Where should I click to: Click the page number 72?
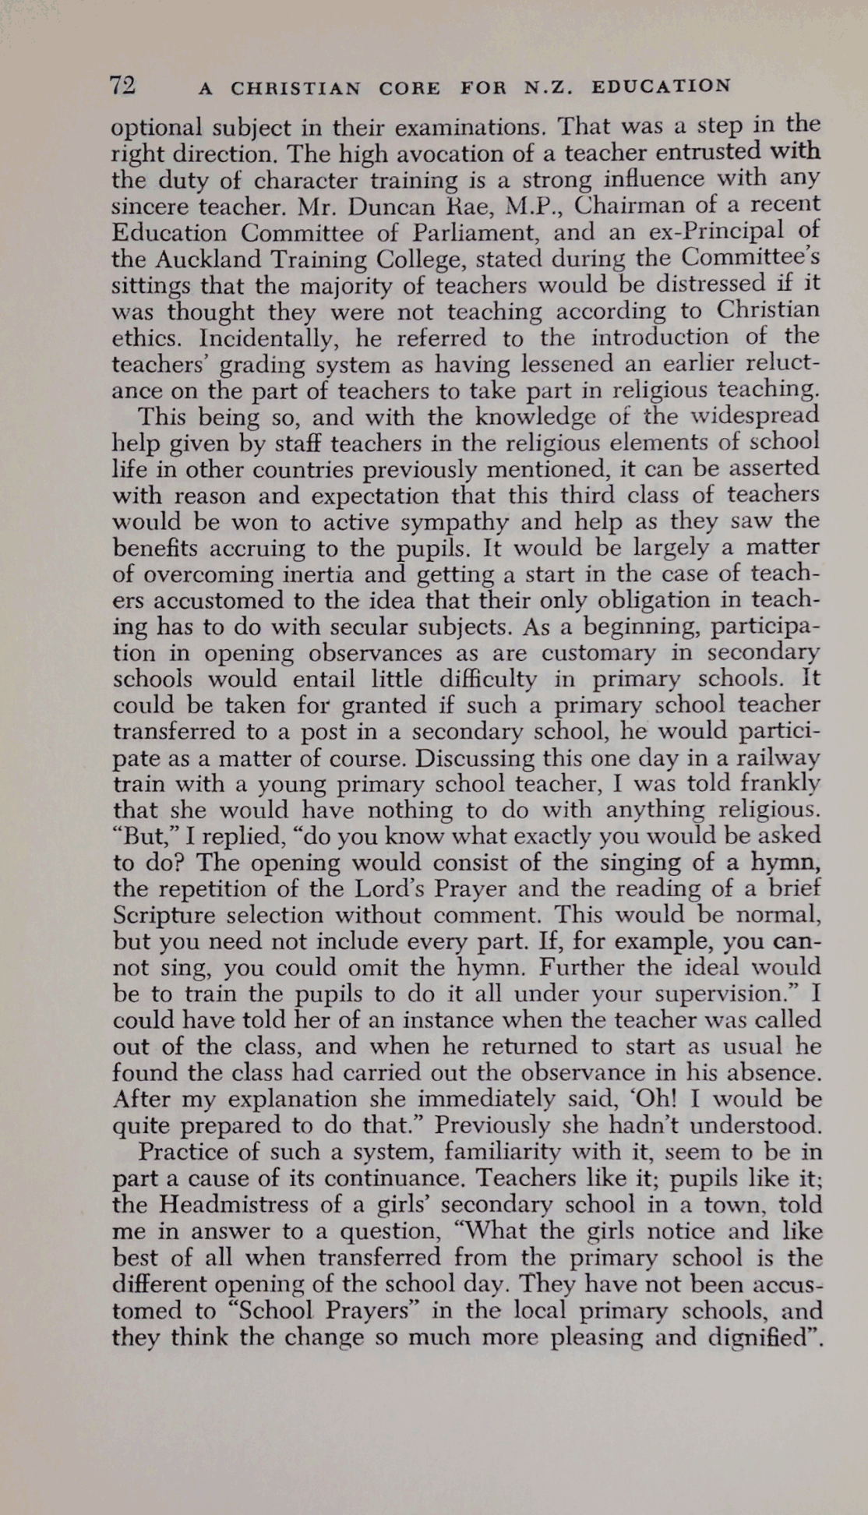click(x=123, y=85)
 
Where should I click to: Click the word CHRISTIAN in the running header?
click(x=295, y=88)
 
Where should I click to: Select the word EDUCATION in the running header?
click(x=660, y=86)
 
